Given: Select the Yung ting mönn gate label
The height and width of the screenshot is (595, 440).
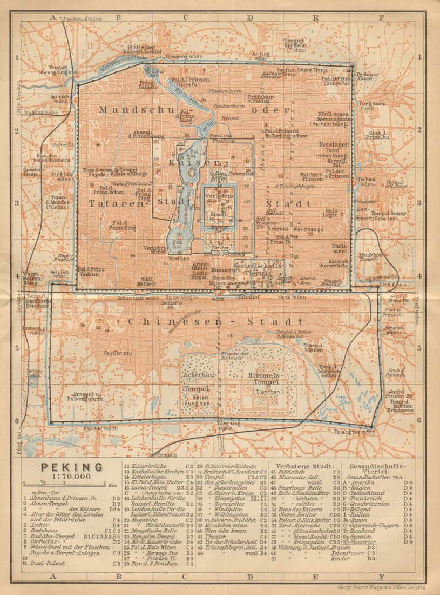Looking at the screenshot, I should pyautogui.click(x=225, y=425).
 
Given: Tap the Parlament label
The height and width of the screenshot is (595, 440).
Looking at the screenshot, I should pyautogui.click(x=340, y=248).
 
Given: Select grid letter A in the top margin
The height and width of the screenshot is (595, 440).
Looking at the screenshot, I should pyautogui.click(x=53, y=17).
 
